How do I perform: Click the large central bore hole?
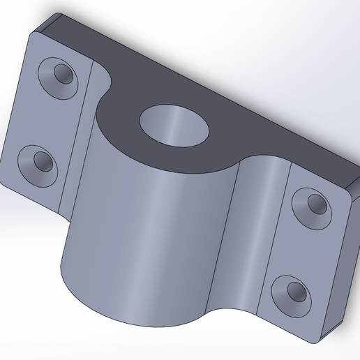[177, 126]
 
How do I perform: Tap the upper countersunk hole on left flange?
[59, 75]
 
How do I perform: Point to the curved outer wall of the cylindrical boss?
[153, 237]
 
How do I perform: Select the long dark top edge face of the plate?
[209, 70]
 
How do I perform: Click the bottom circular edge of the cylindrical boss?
[133, 317]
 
